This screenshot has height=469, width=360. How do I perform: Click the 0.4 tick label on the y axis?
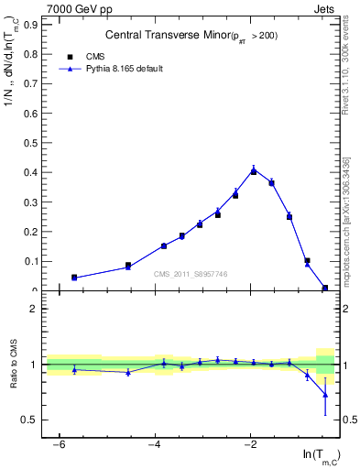point(35,172)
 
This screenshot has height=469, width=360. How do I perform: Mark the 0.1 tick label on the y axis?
point(35,261)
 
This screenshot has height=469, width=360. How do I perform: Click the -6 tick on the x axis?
point(60,444)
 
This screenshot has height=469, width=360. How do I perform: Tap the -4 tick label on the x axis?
point(155,444)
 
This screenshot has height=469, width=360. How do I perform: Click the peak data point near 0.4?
point(254,170)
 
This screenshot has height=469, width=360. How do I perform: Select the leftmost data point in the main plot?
point(74,277)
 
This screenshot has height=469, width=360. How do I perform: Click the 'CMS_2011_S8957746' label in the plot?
point(190,274)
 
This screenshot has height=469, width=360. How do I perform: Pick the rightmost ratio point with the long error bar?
point(325,395)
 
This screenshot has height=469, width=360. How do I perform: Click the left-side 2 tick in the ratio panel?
point(35,309)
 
